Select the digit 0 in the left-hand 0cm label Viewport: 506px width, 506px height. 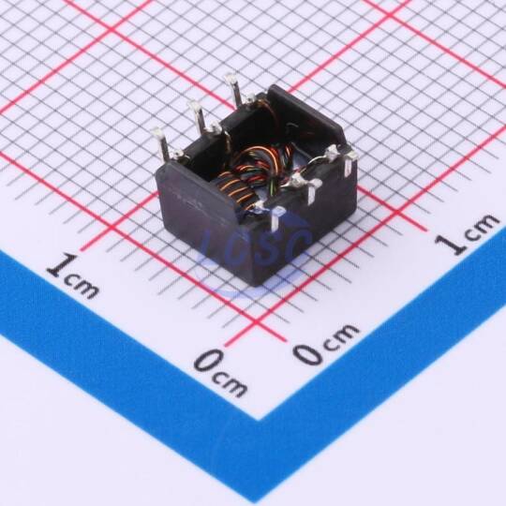pos(209,361)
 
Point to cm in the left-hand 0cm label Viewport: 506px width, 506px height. pos(231,385)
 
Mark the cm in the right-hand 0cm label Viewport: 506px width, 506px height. pos(341,335)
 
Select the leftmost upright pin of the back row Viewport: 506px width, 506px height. pos(160,142)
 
